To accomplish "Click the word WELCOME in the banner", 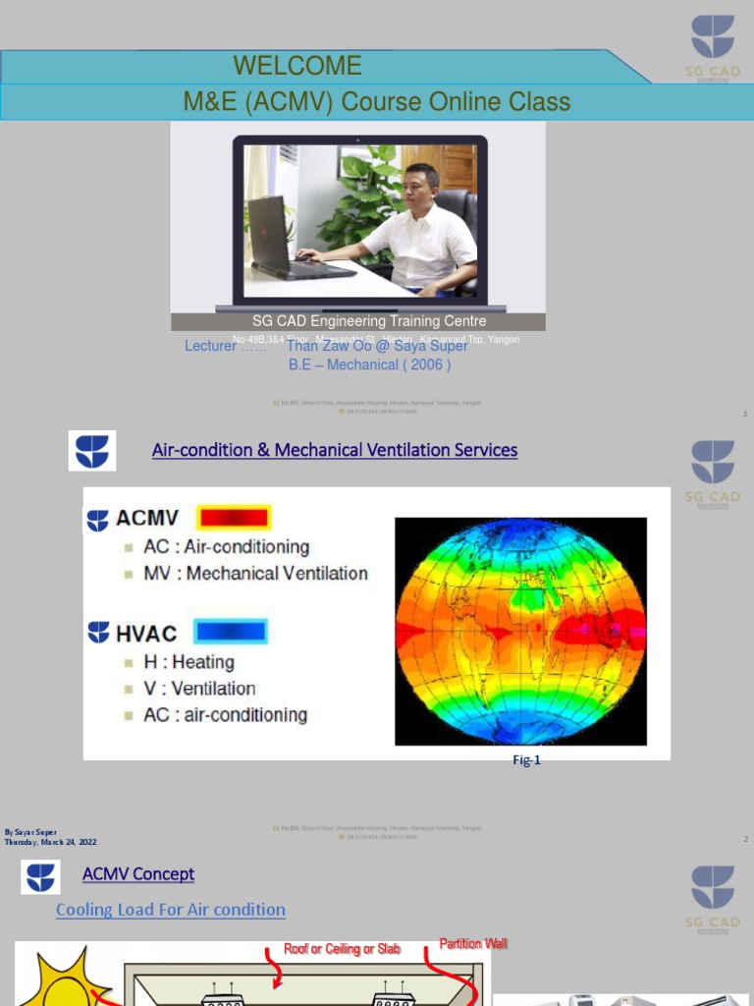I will [297, 66].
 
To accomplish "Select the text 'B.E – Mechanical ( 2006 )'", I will [369, 364].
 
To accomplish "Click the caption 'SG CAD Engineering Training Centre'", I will [369, 321].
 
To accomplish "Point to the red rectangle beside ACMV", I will [233, 518].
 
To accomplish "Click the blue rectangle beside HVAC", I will [231, 631].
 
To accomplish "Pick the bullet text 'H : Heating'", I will [188, 662].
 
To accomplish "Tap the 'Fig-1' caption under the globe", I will [527, 760].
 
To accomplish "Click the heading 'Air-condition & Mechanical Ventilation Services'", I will [335, 450].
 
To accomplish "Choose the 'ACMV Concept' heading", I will [138, 874].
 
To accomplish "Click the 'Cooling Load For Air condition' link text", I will [171, 910].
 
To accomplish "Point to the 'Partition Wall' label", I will [473, 944].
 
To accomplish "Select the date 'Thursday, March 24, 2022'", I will [51, 842].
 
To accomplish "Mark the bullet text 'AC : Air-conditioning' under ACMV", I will [226, 547].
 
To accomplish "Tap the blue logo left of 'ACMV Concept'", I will [40, 876].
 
